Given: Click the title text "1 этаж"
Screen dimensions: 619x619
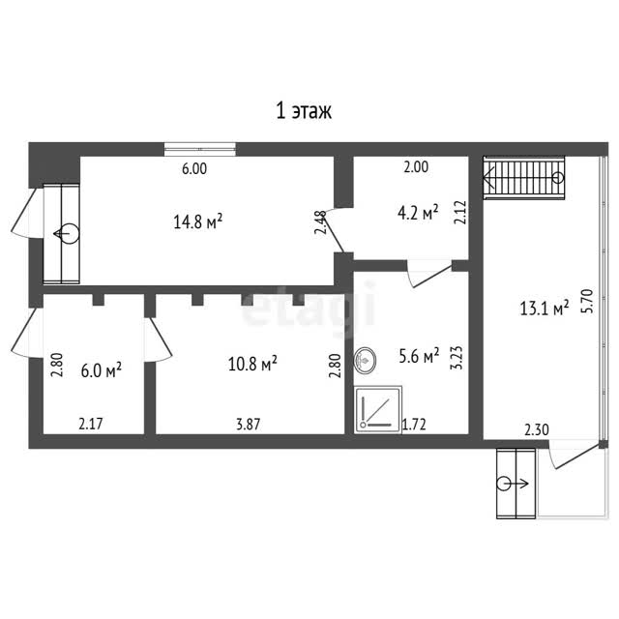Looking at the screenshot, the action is [x=304, y=111].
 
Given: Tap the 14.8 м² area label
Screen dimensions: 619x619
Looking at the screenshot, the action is [x=197, y=221].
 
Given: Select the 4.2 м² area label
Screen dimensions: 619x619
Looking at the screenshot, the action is [x=418, y=213].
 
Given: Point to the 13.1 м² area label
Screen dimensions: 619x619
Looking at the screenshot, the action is [x=545, y=308].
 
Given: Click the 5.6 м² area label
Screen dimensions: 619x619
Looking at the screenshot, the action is [x=419, y=356].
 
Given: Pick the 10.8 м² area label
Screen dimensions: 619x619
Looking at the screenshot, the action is [x=252, y=364].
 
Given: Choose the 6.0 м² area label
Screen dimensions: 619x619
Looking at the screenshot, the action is [x=101, y=370].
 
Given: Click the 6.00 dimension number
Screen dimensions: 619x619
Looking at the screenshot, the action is [x=194, y=169].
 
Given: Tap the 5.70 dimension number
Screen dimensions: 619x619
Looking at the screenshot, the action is [x=588, y=301].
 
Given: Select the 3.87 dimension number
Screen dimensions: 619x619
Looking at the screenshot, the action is [x=249, y=425].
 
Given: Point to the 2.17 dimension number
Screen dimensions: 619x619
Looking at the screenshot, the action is [x=91, y=424].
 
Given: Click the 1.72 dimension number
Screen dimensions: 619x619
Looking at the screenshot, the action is [x=414, y=425].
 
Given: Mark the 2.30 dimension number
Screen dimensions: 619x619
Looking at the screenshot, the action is [x=537, y=429].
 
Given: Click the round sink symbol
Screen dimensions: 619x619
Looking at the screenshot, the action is [x=365, y=360].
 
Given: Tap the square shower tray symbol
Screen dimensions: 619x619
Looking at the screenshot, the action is [x=378, y=410].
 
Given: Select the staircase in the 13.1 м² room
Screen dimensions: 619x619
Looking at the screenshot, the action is [x=524, y=178].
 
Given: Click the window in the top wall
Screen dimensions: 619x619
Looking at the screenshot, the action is [x=200, y=149].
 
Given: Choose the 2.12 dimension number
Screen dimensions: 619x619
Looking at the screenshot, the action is [x=460, y=213].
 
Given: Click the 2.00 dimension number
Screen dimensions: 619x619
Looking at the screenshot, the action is [x=416, y=167].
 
